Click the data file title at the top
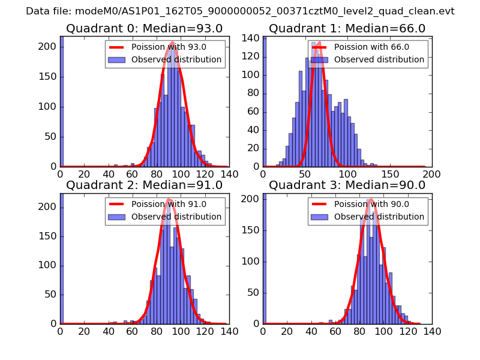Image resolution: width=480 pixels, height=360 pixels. click(x=240, y=11)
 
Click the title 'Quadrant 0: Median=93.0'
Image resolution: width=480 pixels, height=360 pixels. click(x=144, y=28)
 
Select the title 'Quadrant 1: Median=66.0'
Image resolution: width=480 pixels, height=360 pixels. click(x=347, y=28)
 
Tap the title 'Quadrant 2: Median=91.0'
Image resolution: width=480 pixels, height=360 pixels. click(x=144, y=185)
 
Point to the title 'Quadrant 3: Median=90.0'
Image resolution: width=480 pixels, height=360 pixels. click(x=347, y=185)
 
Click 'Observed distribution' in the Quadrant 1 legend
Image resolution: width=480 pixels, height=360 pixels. click(x=379, y=59)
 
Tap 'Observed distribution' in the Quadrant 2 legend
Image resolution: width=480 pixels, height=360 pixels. click(x=176, y=217)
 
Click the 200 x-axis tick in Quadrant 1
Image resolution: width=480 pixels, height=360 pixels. click(x=431, y=174)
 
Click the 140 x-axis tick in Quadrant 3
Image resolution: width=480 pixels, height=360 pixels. click(x=431, y=331)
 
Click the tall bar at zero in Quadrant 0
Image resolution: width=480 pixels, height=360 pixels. click(x=62, y=102)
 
